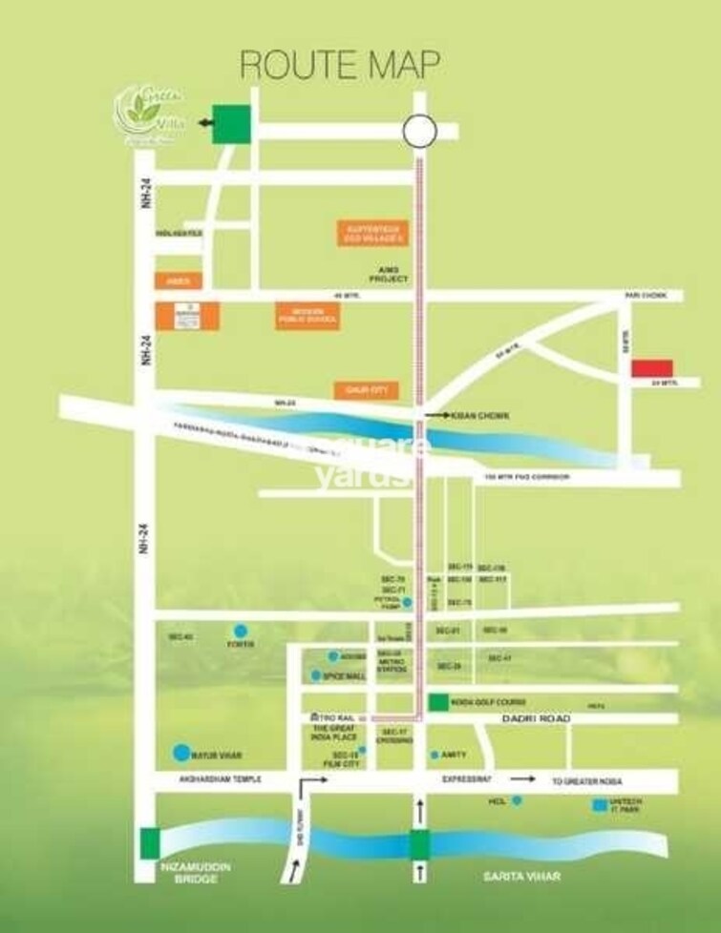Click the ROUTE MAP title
tap(340, 64)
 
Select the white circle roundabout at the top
tap(418, 130)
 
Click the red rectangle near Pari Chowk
tap(655, 368)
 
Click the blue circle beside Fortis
tap(239, 631)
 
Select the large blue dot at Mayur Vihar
tap(180, 754)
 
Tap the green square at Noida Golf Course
tap(437, 702)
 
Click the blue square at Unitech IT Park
tap(599, 804)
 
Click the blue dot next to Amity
tap(435, 755)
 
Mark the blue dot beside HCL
tap(517, 800)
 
